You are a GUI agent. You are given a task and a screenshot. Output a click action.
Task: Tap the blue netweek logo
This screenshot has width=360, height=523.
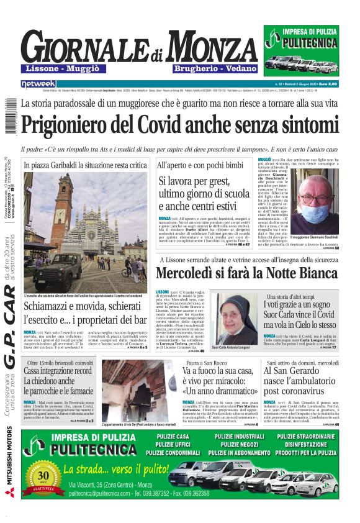tap(38, 84)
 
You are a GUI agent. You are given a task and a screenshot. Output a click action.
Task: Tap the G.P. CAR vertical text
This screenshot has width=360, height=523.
tap(11, 338)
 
